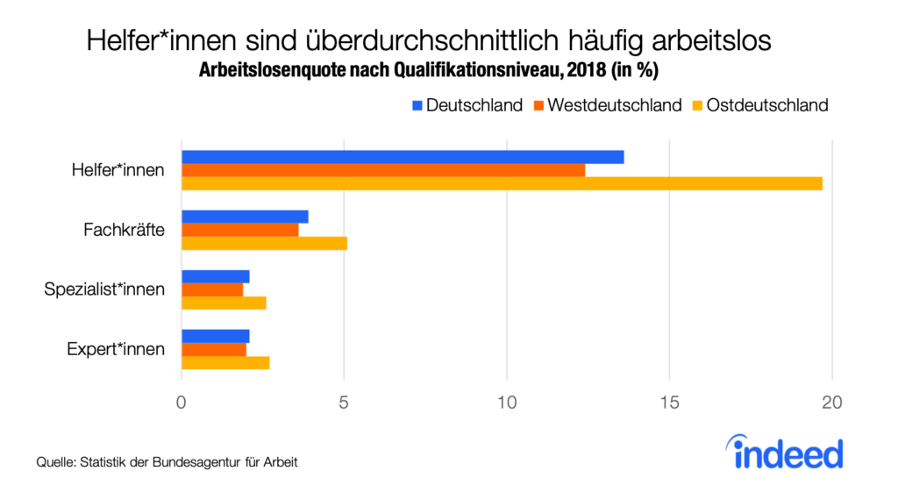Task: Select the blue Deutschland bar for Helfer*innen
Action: [403, 157]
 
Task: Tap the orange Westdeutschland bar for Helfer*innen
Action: [383, 170]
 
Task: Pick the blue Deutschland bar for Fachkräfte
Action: [245, 217]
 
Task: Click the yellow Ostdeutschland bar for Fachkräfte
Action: [264, 243]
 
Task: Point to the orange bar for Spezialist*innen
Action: [212, 289]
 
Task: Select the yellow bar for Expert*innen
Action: [225, 362]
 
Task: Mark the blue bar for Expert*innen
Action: [216, 336]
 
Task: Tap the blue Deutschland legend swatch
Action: [417, 105]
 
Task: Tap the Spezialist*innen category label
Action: [104, 289]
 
